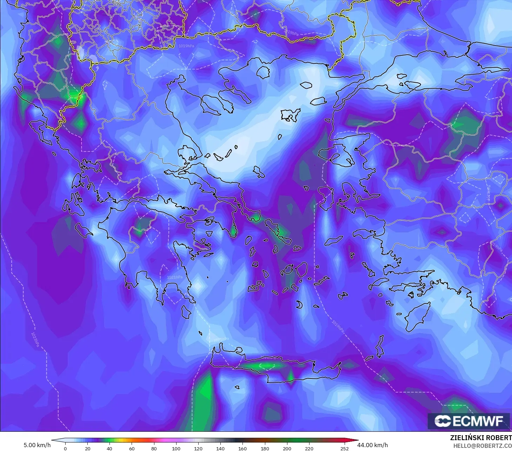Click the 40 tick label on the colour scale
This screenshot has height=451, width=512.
109,448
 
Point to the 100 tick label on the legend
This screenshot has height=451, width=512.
176,448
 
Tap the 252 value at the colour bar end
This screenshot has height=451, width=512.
345,448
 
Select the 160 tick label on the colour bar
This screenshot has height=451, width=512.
242,448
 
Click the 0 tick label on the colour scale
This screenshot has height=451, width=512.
65,448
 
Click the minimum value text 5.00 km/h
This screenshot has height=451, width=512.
37,445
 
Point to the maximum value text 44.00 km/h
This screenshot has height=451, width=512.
372,445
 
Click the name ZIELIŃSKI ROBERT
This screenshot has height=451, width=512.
481,438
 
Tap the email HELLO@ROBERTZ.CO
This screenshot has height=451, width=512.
483,445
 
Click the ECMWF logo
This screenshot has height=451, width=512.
469,421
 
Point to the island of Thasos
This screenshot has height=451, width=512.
263,72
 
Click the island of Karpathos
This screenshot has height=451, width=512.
379,346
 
